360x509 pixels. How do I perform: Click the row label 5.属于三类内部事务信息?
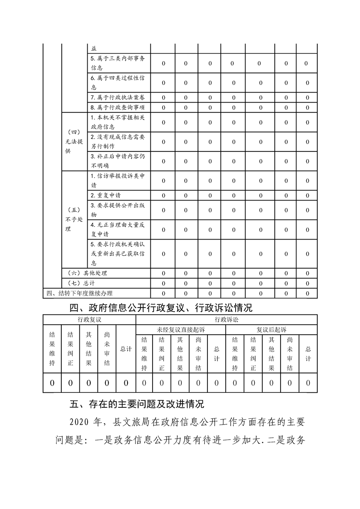coord(118,63)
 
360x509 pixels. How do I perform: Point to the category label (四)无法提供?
coord(74,142)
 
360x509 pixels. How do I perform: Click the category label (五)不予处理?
coord(74,220)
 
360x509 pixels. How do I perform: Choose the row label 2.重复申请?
coord(105,196)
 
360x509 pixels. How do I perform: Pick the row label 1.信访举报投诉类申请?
coord(118,181)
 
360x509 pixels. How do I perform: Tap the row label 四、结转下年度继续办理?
coord(80,293)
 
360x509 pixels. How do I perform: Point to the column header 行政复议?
coord(89,319)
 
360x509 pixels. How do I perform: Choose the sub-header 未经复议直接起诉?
coord(181,330)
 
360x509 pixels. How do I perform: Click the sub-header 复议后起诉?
coord(271,330)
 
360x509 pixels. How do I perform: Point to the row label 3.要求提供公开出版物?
coord(118,210)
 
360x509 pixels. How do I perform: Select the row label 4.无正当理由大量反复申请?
coord(118,230)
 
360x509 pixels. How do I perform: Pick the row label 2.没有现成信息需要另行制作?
coord(118,142)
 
